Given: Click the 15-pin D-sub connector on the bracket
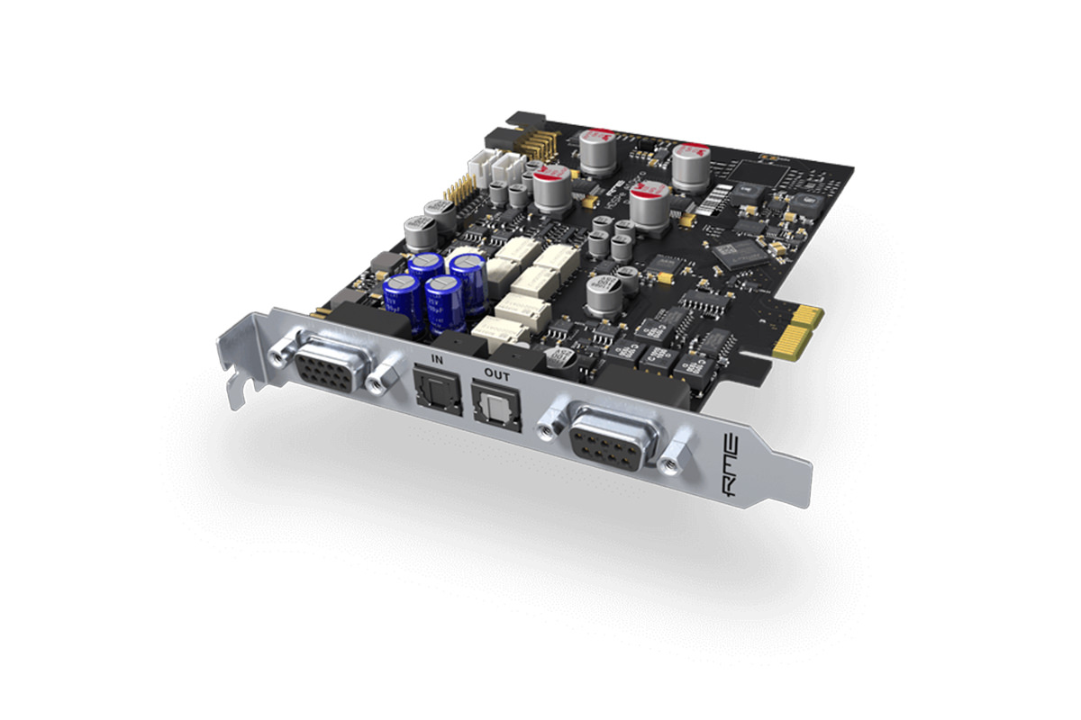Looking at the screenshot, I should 329,368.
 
